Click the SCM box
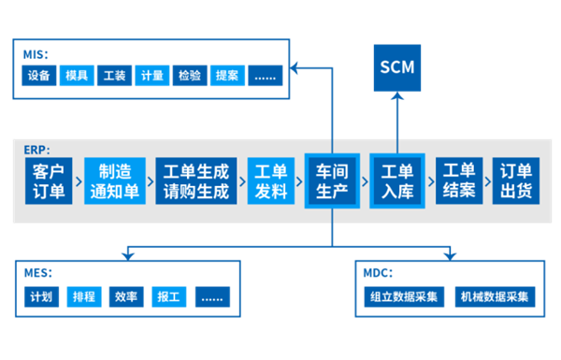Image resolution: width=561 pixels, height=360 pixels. coord(397,67)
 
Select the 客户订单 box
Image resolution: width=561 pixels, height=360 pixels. coord(49,181)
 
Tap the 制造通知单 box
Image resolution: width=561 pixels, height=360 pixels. coord(116,181)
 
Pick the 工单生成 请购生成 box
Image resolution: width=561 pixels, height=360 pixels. coord(196,181)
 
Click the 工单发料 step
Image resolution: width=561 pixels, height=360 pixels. coord(271,181)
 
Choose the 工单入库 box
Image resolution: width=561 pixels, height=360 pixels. coord(397,181)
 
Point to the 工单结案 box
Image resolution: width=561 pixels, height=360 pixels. coord(458,181)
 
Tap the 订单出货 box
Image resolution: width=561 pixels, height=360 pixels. coord(516,181)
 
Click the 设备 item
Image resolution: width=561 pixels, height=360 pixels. coord(39,76)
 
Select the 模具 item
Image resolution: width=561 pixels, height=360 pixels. coord(77,76)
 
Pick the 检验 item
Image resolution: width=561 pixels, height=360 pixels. coord(188,76)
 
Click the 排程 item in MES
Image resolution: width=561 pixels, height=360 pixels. coord(84,297)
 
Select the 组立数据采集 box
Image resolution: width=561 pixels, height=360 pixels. coord(405,297)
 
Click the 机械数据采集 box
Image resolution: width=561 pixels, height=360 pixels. coord(496,297)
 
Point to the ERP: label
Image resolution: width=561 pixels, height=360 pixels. coord(37,150)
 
